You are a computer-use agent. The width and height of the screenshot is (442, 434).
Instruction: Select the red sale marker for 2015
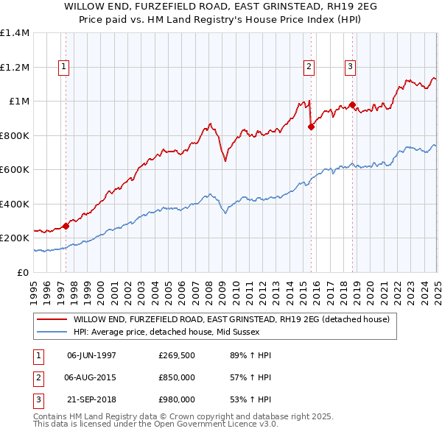pyautogui.click(x=311, y=127)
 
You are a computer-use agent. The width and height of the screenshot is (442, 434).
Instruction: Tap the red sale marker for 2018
pyautogui.click(x=353, y=104)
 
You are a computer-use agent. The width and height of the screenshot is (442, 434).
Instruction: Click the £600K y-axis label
pyautogui.click(x=15, y=170)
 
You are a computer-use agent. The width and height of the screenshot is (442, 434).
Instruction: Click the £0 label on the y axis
pyautogui.click(x=23, y=273)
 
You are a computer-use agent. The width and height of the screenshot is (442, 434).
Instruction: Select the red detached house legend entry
pyautogui.click(x=235, y=319)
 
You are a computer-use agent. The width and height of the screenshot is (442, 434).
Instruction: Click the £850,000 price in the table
pyautogui.click(x=176, y=377)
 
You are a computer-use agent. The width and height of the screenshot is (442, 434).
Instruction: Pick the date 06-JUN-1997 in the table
pyautogui.click(x=91, y=355)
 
